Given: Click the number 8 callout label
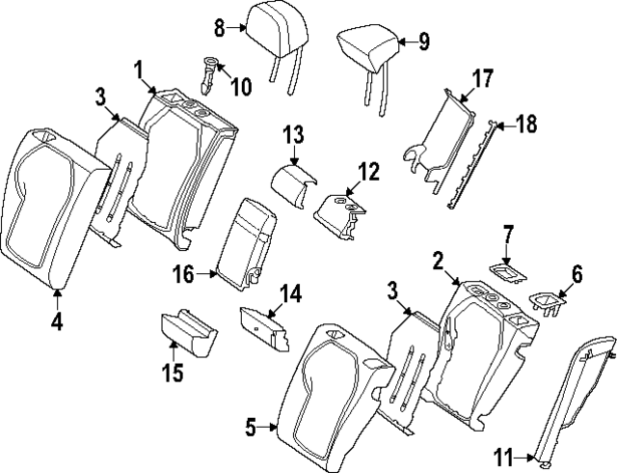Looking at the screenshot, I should click(219, 28).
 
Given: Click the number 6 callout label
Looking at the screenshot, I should click(577, 274).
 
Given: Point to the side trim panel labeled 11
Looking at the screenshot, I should click(575, 396).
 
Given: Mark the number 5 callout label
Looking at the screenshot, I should click(251, 425).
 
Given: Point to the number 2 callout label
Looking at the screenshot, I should click(437, 260).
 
